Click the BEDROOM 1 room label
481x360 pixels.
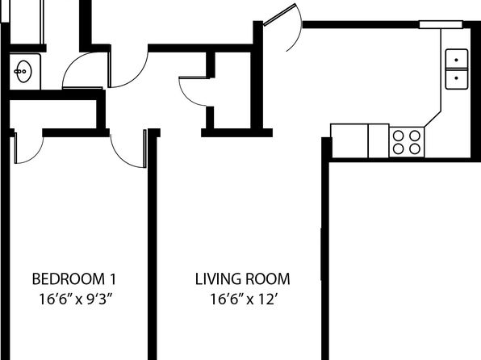click(74, 279)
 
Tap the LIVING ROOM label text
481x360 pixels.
click(242, 279)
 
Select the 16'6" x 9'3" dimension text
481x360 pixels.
click(74, 299)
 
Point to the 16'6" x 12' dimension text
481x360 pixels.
click(244, 299)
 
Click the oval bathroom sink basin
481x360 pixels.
click(23, 72)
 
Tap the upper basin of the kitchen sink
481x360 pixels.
click(457, 59)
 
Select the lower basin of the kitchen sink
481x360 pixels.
click(457, 79)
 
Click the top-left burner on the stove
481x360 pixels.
click(398, 136)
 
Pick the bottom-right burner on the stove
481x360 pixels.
click(415, 149)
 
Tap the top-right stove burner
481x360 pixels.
click(415, 136)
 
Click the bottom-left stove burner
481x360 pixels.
click(398, 149)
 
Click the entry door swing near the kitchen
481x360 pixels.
click(300, 31)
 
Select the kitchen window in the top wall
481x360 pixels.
click(441, 24)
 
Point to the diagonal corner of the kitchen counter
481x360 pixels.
click(433, 119)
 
